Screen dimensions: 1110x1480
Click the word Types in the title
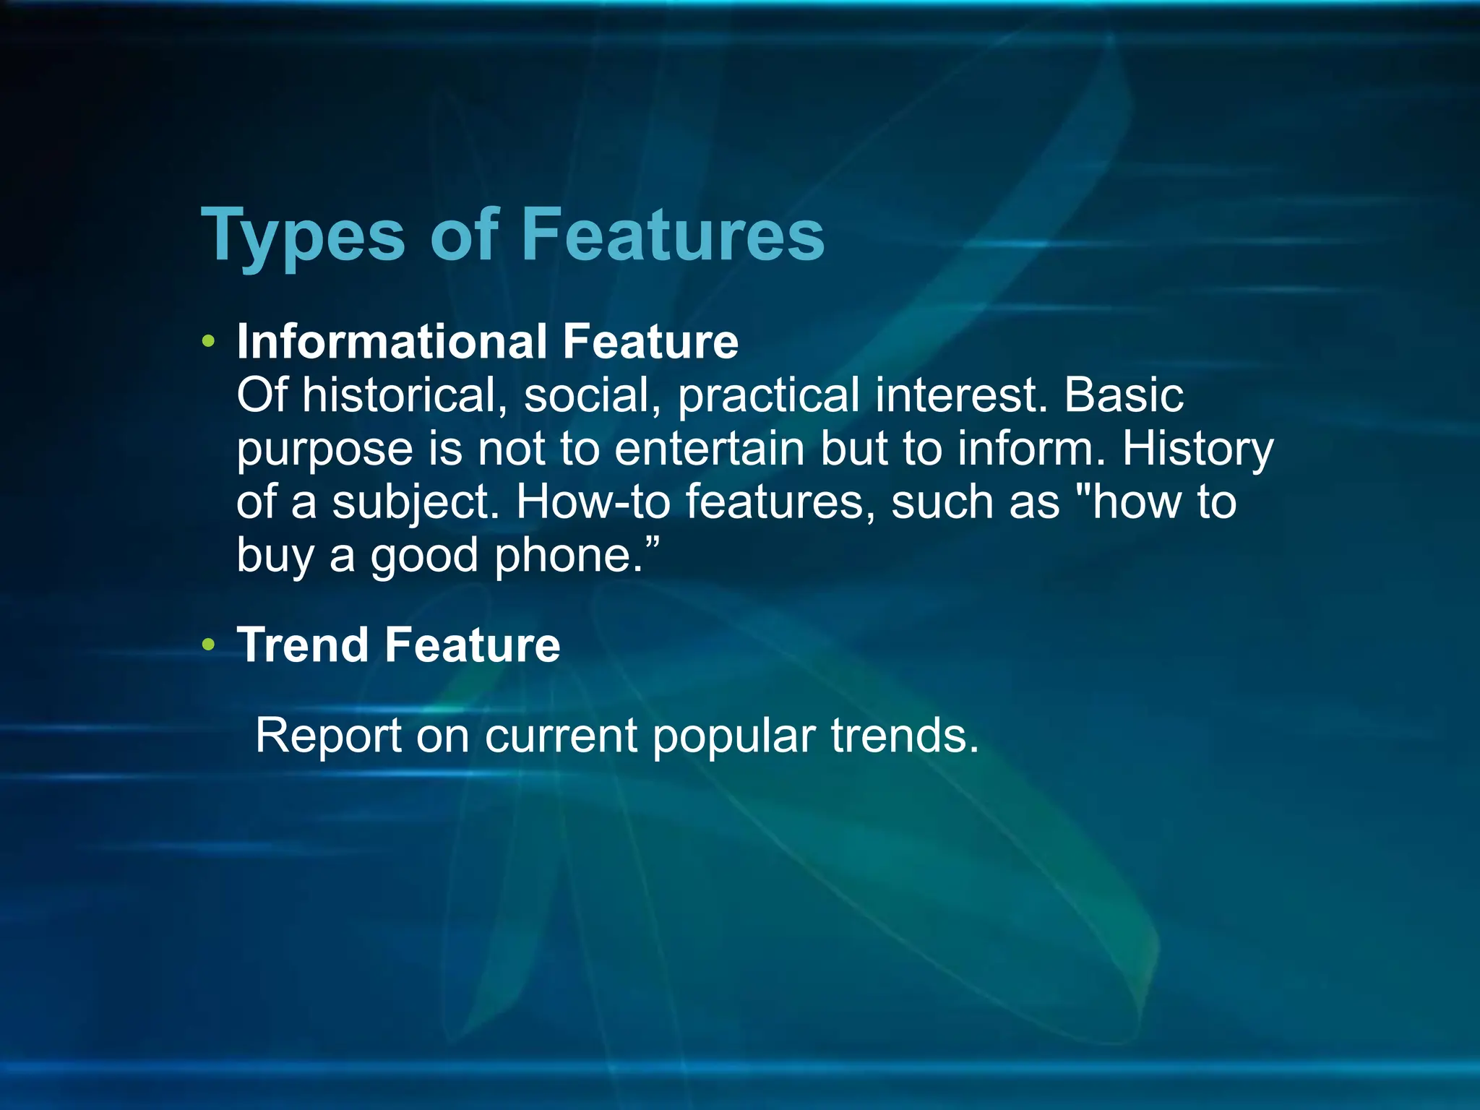point(303,236)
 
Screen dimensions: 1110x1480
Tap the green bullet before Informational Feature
point(209,341)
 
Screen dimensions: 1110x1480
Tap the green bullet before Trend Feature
point(209,644)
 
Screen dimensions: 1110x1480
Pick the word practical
point(769,395)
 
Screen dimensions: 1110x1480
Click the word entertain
point(710,449)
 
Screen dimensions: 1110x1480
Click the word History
point(1197,449)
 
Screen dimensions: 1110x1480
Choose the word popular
point(733,737)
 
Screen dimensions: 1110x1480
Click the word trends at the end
point(905,736)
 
